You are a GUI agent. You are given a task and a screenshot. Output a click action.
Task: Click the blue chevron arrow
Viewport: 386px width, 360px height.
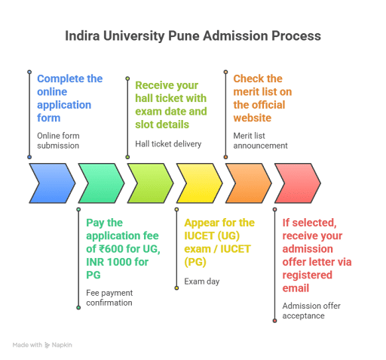pos(51,183)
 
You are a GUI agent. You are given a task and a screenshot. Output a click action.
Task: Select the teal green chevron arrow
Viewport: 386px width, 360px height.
pos(100,183)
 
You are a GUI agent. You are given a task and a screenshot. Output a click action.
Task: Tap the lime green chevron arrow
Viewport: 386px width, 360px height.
pos(150,183)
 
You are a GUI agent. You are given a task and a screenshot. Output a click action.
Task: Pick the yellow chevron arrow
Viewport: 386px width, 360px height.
pos(199,183)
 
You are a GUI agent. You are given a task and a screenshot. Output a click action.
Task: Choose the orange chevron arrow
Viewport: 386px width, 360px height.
pos(249,183)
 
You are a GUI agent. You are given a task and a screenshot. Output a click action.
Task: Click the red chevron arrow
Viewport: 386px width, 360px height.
pos(297,183)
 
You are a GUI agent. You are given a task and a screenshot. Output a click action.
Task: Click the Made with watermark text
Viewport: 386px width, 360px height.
pos(41,344)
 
